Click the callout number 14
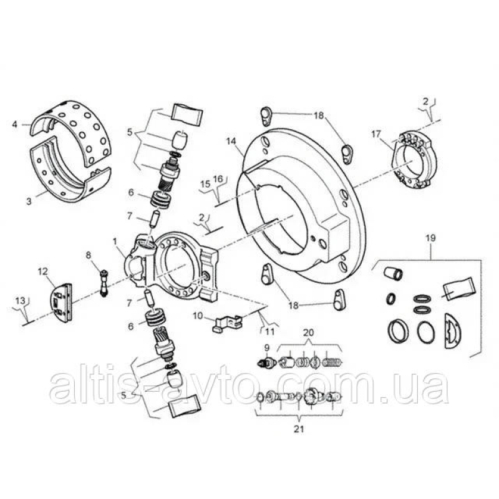[231, 141]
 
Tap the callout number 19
[431, 238]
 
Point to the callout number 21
[299, 429]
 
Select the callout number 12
[42, 271]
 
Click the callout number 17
[376, 134]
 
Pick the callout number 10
[198, 316]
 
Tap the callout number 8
[88, 255]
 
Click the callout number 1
[115, 241]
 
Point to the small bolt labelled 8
[104, 283]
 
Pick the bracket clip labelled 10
[227, 323]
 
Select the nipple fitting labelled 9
[266, 362]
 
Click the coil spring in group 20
[332, 362]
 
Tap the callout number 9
[267, 348]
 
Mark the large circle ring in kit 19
[426, 334]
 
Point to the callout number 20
[308, 332]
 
